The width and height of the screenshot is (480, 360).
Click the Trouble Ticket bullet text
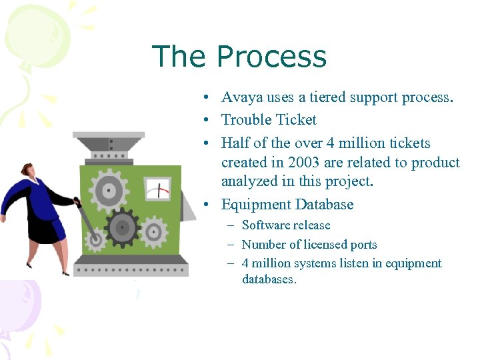[269, 120]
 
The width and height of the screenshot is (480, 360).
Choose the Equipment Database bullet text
[287, 205]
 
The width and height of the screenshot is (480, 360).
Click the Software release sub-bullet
[285, 225]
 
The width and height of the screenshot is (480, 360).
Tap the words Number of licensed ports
[309, 245]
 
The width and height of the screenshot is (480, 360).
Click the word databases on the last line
[268, 279]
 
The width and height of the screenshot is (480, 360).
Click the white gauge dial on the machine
[158, 189]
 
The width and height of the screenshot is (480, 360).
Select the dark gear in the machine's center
[121, 227]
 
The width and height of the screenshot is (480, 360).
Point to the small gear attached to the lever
[95, 237]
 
